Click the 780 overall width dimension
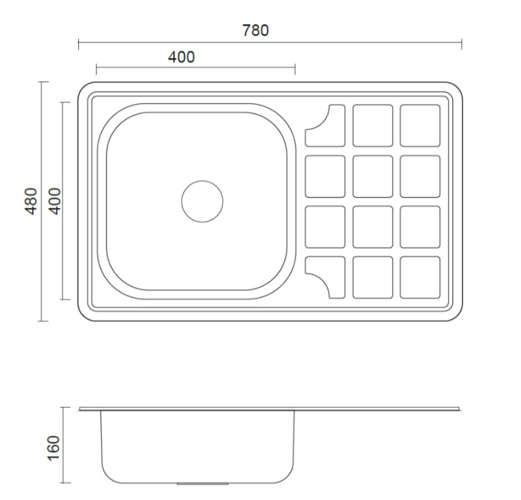point(256,30)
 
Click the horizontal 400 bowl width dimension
point(181,57)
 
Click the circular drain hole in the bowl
point(202,201)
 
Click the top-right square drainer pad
point(420,125)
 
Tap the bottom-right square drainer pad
point(420,277)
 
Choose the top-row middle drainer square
point(373,125)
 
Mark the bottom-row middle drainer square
point(373,277)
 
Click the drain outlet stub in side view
point(202,484)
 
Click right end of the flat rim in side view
point(458,409)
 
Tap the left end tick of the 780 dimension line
point(79,44)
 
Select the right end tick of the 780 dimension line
point(461,44)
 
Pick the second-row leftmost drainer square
point(326,176)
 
